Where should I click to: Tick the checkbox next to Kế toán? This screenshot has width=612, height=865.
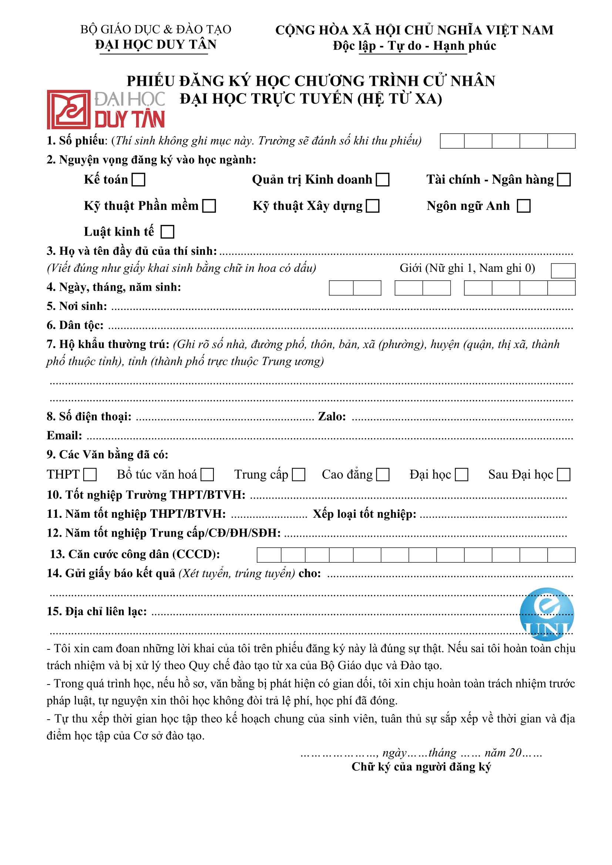coord(138,180)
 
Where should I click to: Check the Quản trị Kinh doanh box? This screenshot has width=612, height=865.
coord(383,180)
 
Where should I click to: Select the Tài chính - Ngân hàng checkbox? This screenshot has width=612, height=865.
coord(564,180)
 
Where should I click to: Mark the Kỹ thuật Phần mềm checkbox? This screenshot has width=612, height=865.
coord(209,206)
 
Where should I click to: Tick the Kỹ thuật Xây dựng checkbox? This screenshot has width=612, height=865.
coord(373,206)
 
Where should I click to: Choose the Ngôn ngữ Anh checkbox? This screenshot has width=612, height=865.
coord(524,206)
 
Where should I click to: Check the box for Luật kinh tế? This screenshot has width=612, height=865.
coord(167,232)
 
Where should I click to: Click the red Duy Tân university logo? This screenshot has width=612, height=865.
coord(106,109)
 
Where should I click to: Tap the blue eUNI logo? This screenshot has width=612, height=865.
coord(547,615)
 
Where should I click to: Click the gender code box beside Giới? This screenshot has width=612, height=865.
coord(563,270)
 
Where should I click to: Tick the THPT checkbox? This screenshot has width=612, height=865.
coord(90,475)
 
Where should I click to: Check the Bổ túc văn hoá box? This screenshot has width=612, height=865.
coord(207,475)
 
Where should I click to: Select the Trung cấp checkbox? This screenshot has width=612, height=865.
coord(299,475)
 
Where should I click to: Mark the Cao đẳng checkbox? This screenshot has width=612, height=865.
coord(383,475)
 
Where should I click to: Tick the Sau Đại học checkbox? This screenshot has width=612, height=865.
coord(564,475)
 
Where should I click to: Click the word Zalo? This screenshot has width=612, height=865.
coord(332,416)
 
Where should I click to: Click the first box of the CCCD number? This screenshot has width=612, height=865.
coord(269,555)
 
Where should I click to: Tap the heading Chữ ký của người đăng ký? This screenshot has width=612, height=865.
coord(421,767)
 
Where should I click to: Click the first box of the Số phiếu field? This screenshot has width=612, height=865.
coord(452,141)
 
